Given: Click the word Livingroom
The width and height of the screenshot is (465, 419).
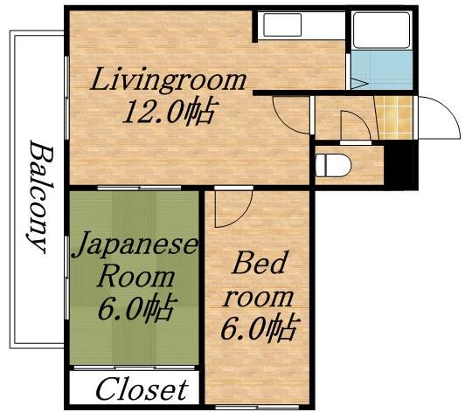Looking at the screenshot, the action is click(168, 80).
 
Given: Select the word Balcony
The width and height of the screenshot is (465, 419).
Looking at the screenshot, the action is click(40, 197).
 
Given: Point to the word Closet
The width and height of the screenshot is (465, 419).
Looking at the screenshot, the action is click(142, 389).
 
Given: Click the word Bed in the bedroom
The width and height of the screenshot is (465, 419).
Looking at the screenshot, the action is click(259, 263).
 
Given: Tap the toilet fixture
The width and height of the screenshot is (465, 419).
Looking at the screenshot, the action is click(333, 165).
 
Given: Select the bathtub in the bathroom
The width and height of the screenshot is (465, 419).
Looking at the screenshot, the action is click(382, 30).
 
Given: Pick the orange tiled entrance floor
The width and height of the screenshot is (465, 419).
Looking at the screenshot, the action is click(394, 118).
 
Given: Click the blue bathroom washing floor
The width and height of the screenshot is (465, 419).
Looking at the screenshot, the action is click(382, 70).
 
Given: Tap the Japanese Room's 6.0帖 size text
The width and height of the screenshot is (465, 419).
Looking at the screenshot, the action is click(137, 308).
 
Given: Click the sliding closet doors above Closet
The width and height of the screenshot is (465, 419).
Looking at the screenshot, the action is click(135, 368).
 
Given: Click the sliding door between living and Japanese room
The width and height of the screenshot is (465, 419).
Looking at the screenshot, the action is click(139, 188).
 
